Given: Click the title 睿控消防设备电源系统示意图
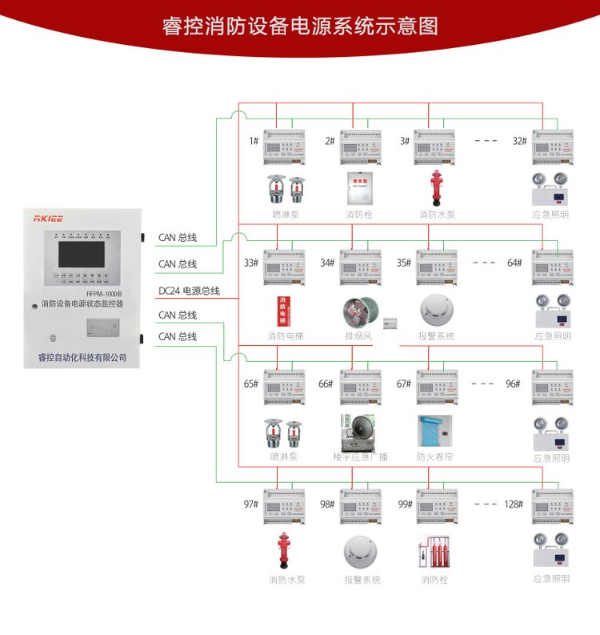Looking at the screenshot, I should [x=300, y=26].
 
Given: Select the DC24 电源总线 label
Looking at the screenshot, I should [x=189, y=291].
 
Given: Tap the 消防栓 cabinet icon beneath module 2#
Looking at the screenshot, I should [x=359, y=188].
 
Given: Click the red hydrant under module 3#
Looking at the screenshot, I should [x=436, y=188].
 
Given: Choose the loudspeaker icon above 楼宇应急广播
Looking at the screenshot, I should [x=359, y=431].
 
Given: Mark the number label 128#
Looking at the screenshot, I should [x=514, y=504].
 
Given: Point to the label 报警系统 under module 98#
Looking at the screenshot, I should [x=362, y=579].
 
